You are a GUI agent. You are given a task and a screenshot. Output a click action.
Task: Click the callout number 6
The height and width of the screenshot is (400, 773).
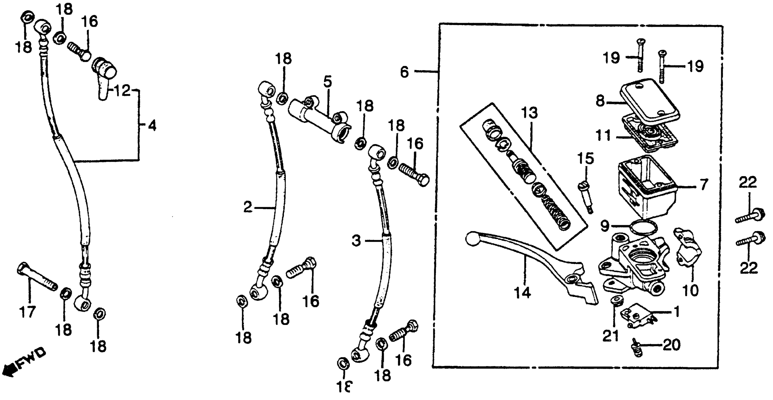click(x=405, y=72)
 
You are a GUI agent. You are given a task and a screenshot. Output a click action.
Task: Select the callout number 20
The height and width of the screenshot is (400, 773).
click(x=672, y=345)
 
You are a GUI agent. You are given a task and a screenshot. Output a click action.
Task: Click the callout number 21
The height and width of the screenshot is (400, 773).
click(x=611, y=336)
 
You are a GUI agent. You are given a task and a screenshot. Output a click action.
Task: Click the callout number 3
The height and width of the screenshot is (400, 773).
click(x=356, y=241)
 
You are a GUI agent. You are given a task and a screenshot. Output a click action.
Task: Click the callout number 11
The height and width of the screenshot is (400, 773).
click(x=603, y=136)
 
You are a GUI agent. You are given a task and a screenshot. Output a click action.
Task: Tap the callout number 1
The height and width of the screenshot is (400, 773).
click(x=677, y=312)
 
